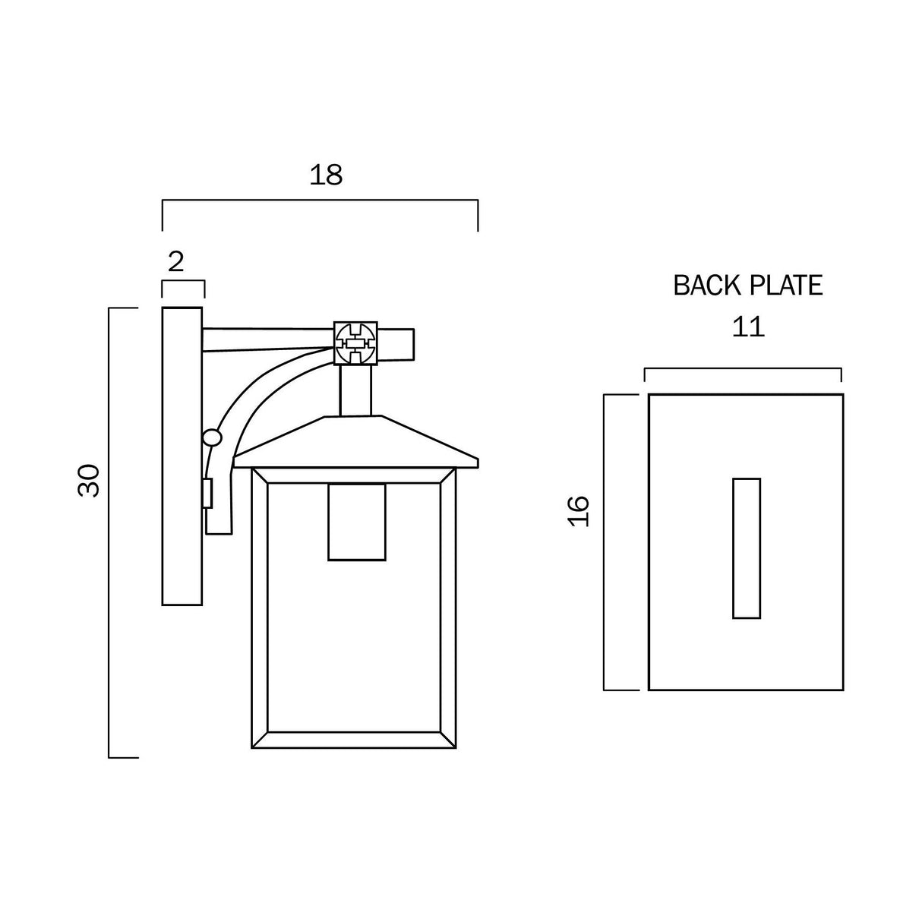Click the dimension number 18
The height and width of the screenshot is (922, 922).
(x=326, y=175)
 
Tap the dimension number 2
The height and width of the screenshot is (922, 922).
(x=175, y=262)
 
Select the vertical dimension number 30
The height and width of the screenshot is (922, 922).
(x=89, y=479)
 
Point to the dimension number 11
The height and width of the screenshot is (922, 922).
(x=747, y=327)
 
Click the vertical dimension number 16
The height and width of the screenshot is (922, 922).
(x=578, y=511)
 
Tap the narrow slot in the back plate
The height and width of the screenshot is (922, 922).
(x=747, y=548)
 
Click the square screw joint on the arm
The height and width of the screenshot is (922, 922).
(x=356, y=344)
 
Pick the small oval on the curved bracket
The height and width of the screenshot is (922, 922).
(x=212, y=438)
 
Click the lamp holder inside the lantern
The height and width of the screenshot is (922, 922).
(x=356, y=523)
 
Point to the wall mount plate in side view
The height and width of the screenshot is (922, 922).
(x=182, y=456)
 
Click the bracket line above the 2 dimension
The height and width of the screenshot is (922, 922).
(x=183, y=282)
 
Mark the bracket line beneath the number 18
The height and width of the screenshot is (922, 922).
(x=320, y=201)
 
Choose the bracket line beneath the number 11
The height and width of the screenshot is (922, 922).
(x=743, y=369)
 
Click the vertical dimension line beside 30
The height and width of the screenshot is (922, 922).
(x=110, y=532)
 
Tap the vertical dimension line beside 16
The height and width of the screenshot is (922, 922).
(x=605, y=542)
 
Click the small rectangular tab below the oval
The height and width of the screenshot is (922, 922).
(x=207, y=494)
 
